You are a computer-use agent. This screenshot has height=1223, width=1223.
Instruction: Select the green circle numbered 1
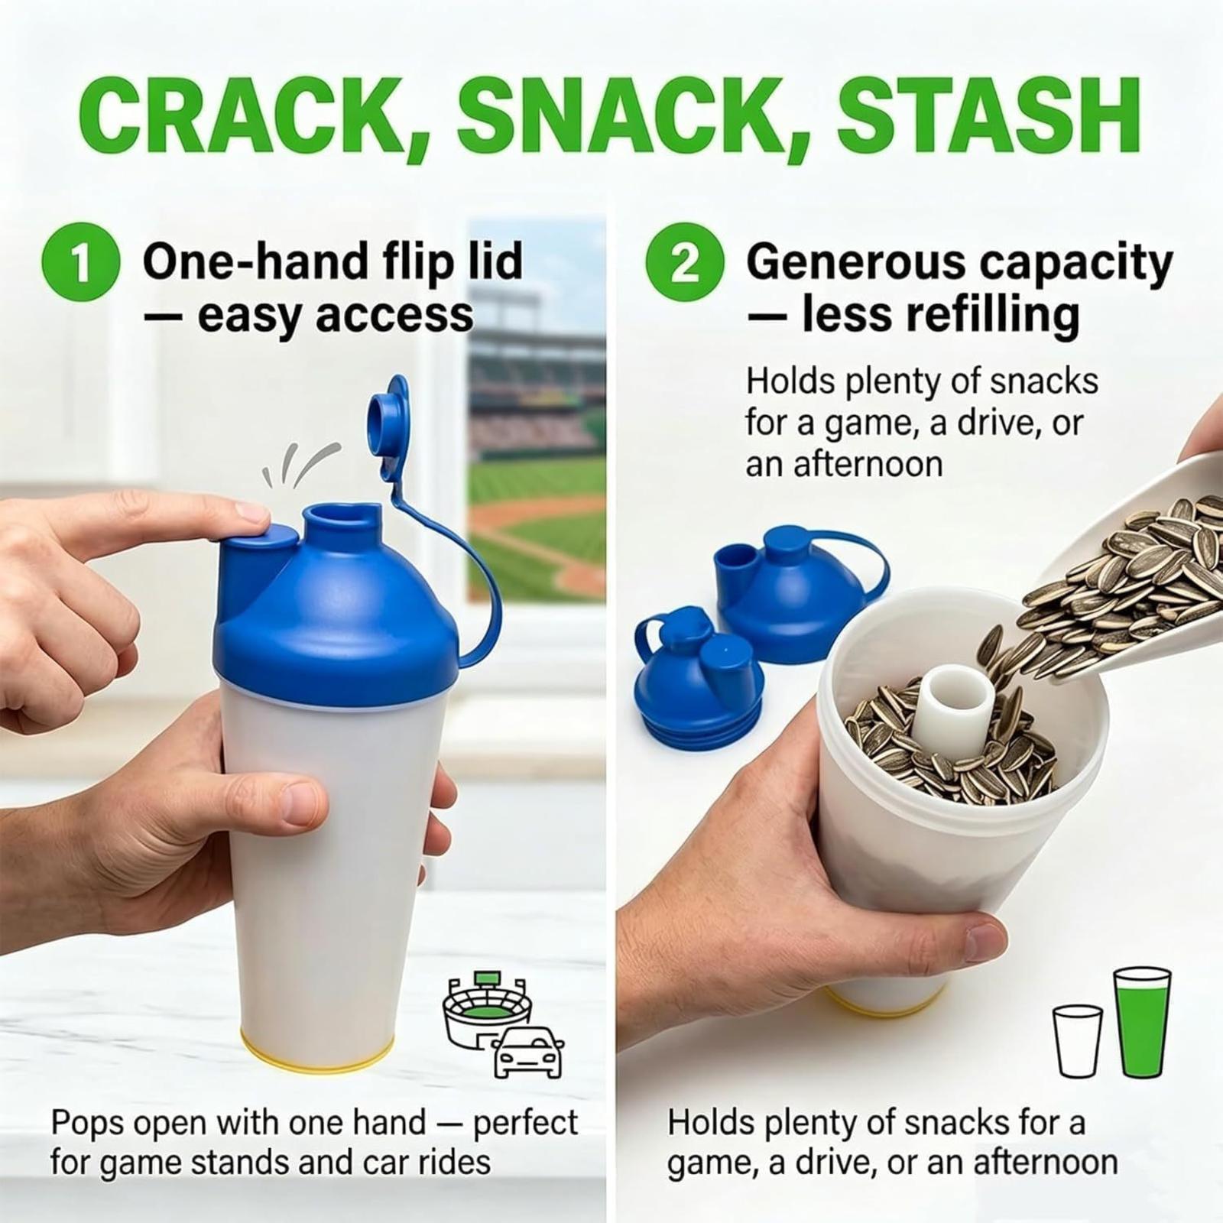[80, 261]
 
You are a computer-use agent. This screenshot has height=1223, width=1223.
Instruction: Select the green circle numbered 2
[685, 261]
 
